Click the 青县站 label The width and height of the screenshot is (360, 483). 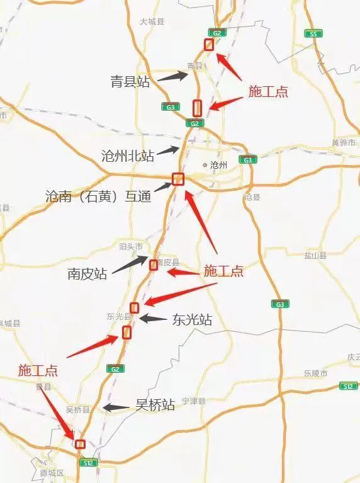[130, 81]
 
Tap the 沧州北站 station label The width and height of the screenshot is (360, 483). [128, 156]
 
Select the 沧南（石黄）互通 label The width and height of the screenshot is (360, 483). [98, 196]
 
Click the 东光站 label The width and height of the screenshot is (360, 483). [192, 320]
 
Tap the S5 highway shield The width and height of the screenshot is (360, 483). [312, 33]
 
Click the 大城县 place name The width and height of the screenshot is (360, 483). [152, 21]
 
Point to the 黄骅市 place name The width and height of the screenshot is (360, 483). [344, 142]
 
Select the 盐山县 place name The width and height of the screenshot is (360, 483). [315, 256]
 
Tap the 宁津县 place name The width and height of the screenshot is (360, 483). [194, 401]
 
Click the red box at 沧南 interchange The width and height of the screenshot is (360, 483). [177, 179]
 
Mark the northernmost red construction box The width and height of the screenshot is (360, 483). [209, 44]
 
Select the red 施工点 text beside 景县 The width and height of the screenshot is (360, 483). [38, 370]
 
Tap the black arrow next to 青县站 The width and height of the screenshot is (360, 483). [172, 77]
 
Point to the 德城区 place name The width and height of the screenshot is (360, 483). [52, 473]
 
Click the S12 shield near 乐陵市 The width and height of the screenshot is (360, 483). [347, 385]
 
